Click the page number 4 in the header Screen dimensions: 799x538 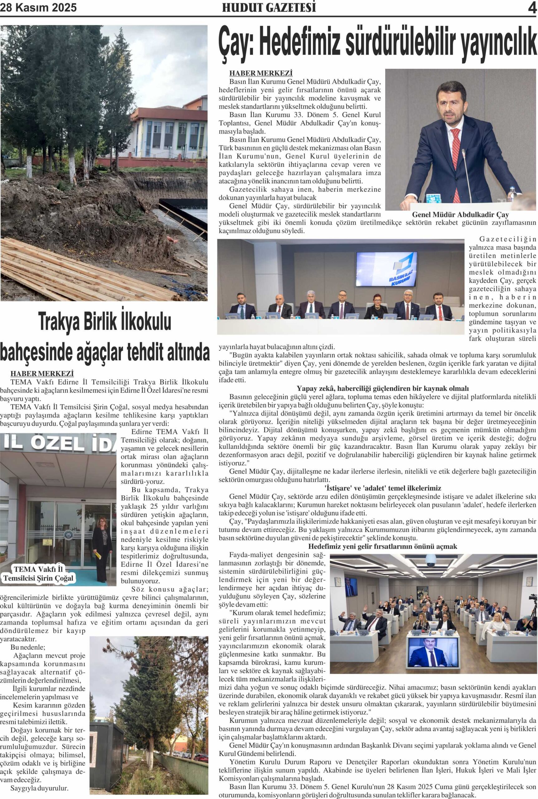(532, 7)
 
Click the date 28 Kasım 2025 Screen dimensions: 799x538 (38, 7)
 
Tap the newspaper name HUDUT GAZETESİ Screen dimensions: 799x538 (269, 7)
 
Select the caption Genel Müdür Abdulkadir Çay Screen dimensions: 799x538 (460, 215)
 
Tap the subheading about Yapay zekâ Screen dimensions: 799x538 (382, 388)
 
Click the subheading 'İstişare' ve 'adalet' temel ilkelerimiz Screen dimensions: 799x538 (383, 488)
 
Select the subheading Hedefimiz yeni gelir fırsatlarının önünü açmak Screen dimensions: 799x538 (383, 546)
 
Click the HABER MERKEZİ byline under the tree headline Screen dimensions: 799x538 (42, 374)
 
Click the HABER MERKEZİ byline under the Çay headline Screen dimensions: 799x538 (261, 73)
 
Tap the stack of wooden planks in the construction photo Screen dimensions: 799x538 (86, 271)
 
